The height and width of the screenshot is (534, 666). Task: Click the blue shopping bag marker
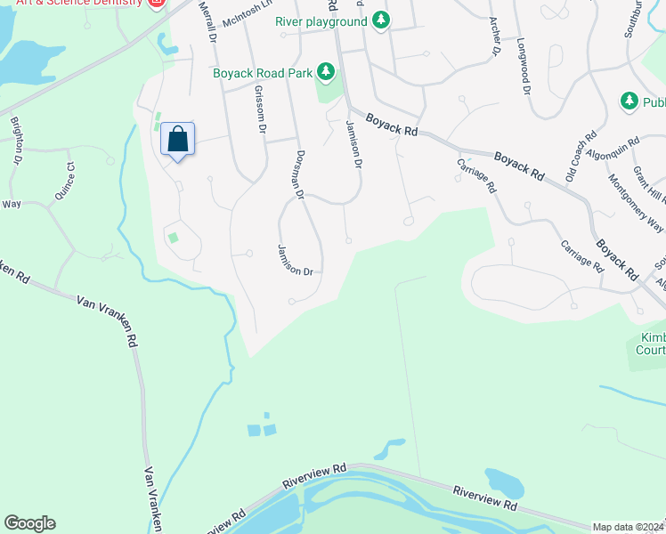click(x=178, y=140)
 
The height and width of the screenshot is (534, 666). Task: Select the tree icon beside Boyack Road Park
click(x=326, y=71)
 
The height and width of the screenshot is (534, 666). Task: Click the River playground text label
click(x=321, y=20)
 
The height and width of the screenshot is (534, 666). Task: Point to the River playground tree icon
click(x=381, y=20)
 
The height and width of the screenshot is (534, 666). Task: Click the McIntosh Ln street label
click(x=246, y=13)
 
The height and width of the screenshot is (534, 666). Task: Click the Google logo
click(x=29, y=522)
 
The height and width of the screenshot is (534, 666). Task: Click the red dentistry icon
click(x=158, y=4)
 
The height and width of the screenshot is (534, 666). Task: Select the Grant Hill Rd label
click(x=647, y=183)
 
